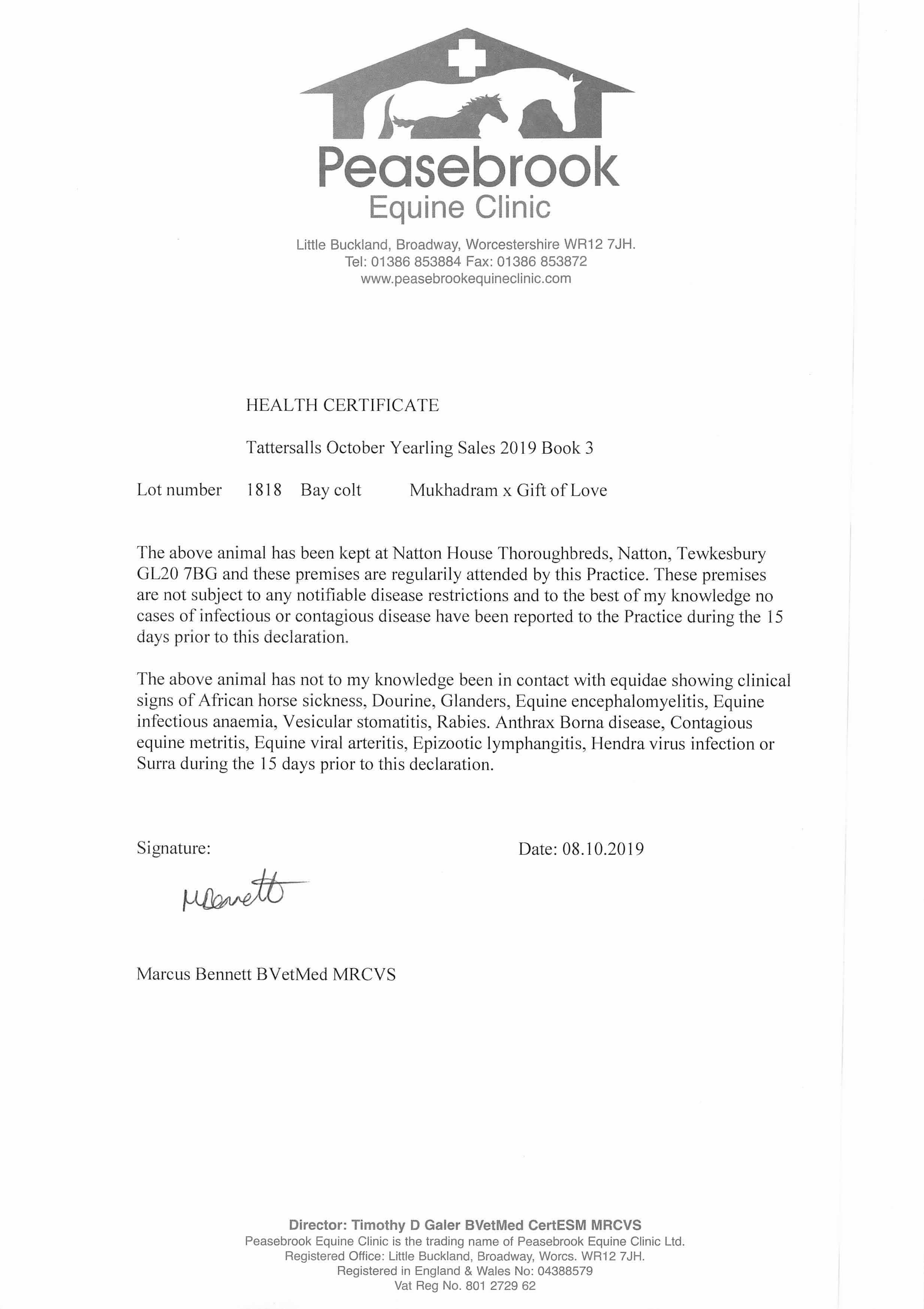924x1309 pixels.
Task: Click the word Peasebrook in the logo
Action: [468, 168]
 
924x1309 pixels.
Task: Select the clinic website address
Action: [465, 279]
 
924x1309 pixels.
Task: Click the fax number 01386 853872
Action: [542, 262]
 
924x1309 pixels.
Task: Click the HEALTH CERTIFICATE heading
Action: [342, 405]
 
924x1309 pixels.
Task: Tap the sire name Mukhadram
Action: [453, 490]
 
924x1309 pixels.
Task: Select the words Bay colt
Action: [331, 490]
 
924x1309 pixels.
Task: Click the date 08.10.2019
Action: [603, 850]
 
